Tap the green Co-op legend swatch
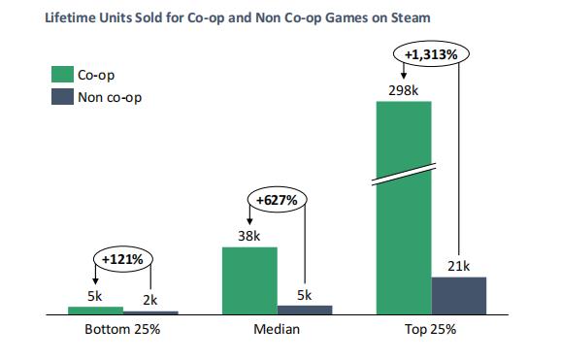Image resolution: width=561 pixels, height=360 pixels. [62, 75]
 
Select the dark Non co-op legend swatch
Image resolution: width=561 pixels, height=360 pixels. [62, 97]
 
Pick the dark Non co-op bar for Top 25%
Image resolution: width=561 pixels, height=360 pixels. [458, 296]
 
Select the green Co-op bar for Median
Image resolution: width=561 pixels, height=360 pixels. [249, 280]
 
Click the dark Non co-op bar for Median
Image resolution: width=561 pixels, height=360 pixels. [305, 311]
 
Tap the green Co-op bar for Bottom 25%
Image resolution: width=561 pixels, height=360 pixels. [96, 311]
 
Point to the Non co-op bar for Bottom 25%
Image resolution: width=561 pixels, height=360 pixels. [151, 312]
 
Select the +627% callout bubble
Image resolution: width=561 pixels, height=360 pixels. [277, 200]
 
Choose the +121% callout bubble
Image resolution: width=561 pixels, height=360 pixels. [123, 260]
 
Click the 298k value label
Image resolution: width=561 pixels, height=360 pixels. [403, 91]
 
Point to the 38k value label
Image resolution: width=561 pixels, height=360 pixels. [248, 235]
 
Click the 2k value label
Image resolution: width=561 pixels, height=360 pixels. [151, 300]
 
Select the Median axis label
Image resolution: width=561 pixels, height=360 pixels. [277, 330]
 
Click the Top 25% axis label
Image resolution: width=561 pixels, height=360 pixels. [430, 330]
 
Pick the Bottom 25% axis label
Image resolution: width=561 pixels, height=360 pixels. [123, 330]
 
